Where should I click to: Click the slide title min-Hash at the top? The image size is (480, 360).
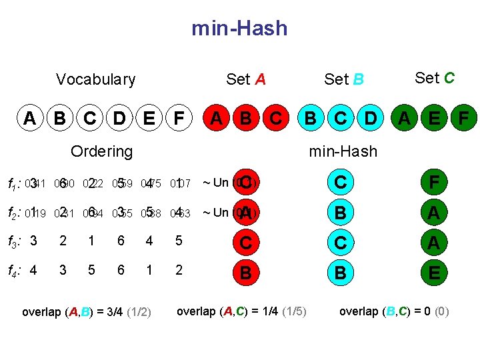click(239, 28)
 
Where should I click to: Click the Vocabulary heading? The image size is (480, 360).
click(95, 80)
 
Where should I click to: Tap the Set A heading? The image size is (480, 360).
click(245, 80)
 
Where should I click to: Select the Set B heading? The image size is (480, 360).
click(343, 80)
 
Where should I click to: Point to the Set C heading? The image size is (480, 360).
click(434, 78)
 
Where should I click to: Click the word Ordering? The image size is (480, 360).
click(101, 151)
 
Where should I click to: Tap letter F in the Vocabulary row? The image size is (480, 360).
click(178, 119)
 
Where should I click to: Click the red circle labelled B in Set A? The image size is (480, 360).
click(246, 119)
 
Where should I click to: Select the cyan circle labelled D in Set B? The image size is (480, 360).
click(371, 119)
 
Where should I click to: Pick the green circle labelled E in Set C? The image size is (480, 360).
click(434, 119)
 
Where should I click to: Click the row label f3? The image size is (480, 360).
click(13, 241)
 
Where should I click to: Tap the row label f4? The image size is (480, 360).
click(13, 271)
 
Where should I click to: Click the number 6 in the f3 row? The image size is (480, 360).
click(121, 241)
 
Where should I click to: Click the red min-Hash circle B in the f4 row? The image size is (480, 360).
click(246, 273)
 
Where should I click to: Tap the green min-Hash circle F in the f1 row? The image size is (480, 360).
click(434, 182)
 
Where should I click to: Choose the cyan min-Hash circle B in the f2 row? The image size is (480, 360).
click(340, 213)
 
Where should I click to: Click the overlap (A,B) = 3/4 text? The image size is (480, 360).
click(87, 312)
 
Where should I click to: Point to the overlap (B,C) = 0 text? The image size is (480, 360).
click(393, 311)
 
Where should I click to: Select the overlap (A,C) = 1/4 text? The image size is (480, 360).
click(241, 311)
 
